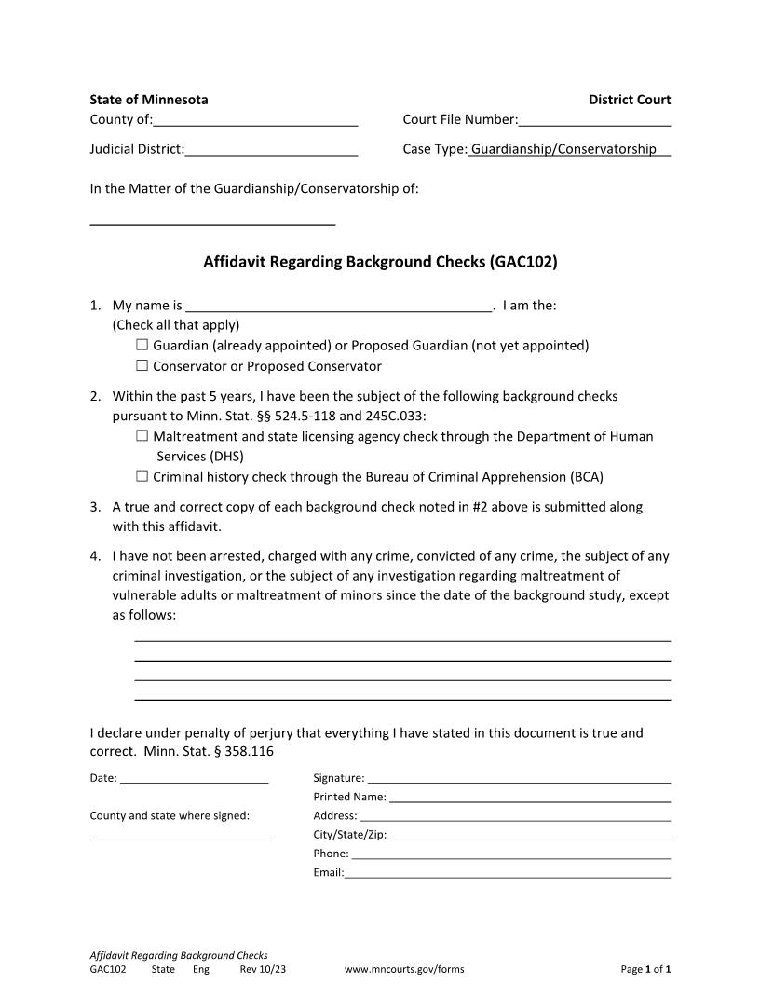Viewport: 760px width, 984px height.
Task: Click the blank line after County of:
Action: (x=255, y=120)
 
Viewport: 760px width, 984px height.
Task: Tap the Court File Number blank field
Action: (x=594, y=120)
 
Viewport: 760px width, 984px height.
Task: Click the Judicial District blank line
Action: (x=271, y=150)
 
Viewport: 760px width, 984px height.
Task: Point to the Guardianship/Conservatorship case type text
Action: (x=563, y=149)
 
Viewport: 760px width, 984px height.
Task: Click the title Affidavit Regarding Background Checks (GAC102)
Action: (x=380, y=262)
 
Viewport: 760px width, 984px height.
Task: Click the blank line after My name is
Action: (x=338, y=306)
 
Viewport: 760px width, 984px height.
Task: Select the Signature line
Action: (x=519, y=778)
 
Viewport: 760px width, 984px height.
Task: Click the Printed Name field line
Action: (x=529, y=798)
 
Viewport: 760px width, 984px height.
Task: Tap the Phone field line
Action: (x=510, y=854)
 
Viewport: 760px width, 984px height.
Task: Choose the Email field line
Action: (x=508, y=873)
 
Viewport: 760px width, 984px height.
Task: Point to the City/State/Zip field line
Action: (x=530, y=835)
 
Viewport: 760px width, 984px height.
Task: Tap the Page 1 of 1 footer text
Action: (x=645, y=969)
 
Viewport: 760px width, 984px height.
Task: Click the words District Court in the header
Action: (x=629, y=100)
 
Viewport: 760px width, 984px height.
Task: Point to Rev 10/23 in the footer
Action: (x=263, y=969)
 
